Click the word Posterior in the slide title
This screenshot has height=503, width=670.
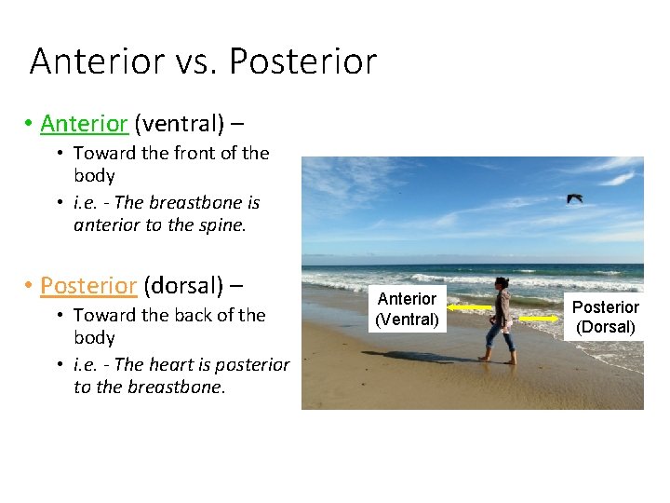pos(302,61)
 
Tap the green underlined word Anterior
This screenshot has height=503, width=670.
pos(84,123)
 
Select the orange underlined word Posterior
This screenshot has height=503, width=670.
pos(88,285)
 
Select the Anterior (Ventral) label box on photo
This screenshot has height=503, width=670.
pos(407,309)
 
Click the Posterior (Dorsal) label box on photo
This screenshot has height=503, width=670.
pos(605,317)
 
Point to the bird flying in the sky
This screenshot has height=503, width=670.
pos(575,197)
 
